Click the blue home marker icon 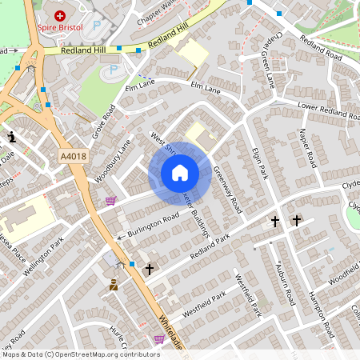[180, 173]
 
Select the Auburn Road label [286, 285]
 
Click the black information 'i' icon [11, 138]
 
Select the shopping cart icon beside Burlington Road [110, 201]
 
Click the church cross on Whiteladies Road [149, 270]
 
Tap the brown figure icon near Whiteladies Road [114, 284]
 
